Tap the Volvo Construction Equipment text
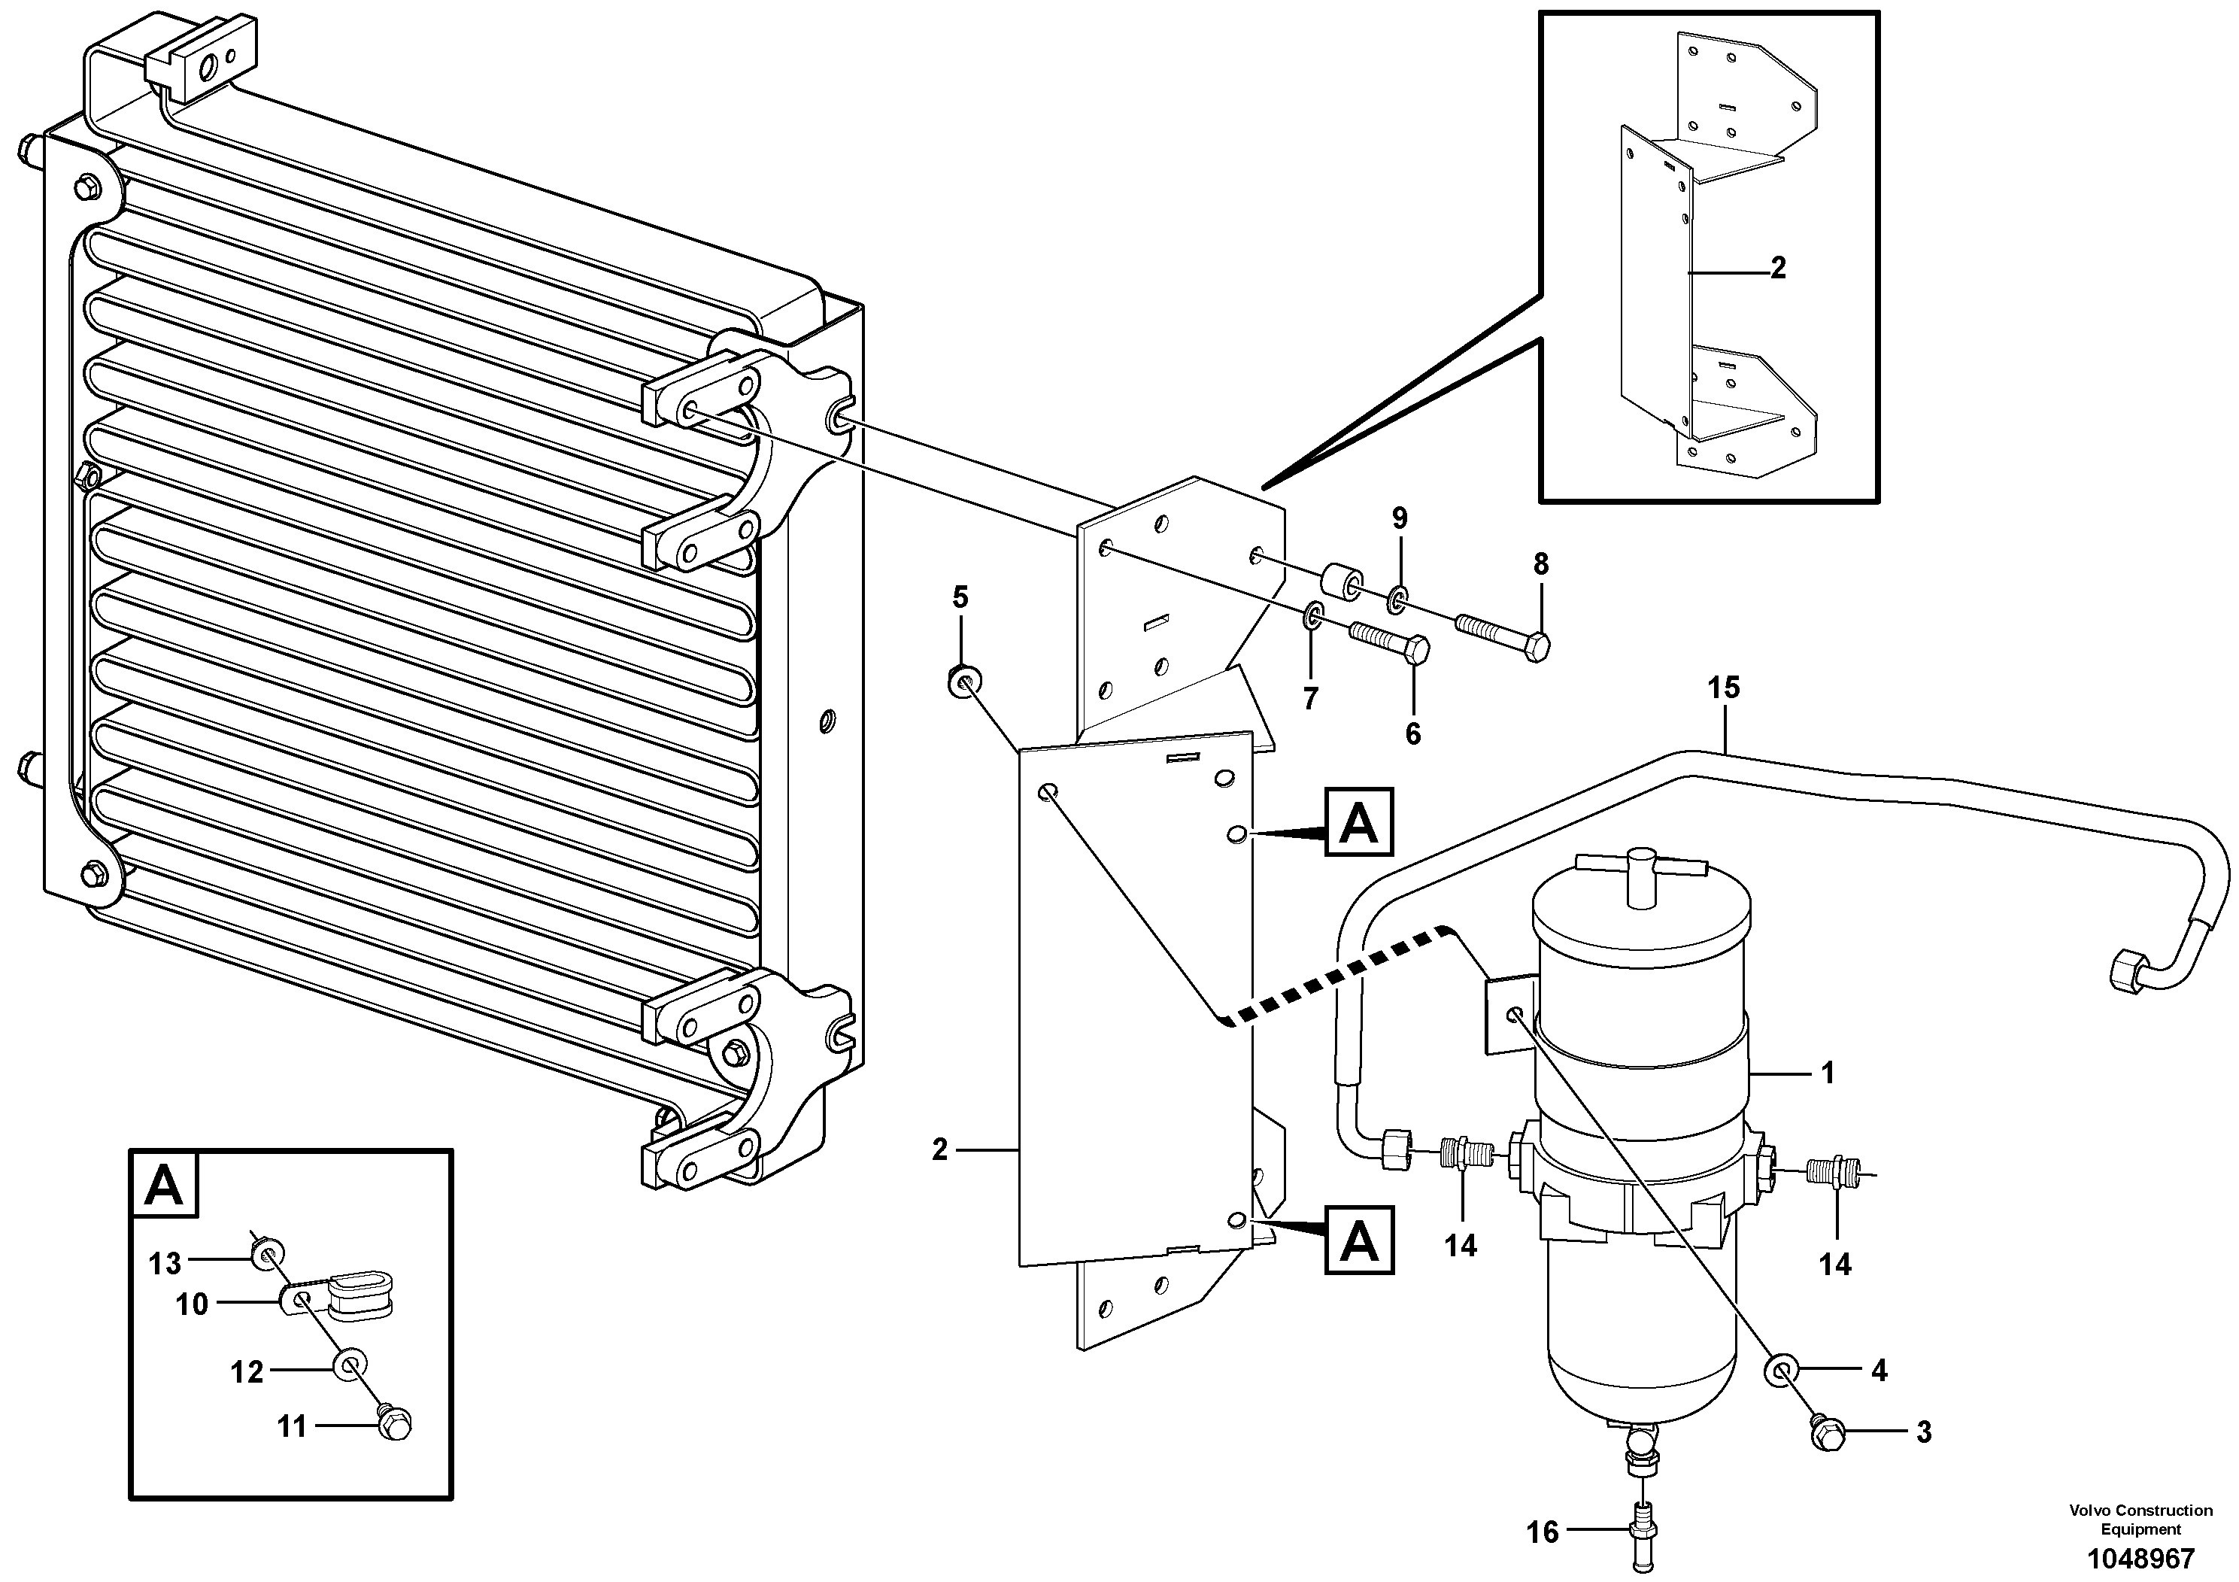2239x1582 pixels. [2140, 1520]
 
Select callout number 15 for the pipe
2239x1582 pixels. [1723, 688]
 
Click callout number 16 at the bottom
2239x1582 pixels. [1542, 1532]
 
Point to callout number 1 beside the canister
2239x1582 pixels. [1828, 1073]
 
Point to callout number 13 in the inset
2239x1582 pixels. [165, 1264]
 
